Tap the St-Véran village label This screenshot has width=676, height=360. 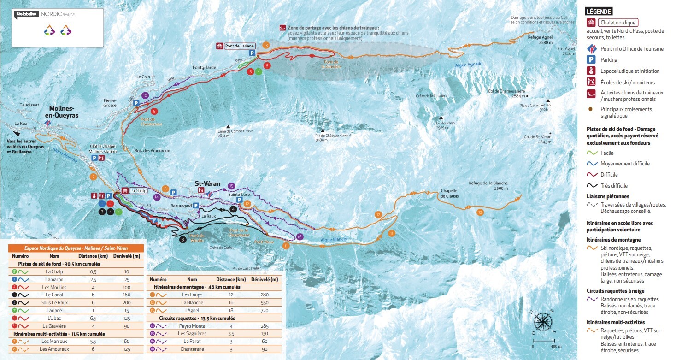coord(207,183)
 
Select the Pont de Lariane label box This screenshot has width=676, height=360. coord(239,46)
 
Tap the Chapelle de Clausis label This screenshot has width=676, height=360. coord(449,193)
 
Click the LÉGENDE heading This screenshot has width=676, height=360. coord(599,12)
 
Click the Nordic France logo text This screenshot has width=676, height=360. coord(57,14)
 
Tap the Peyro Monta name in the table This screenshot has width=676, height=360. coord(192,326)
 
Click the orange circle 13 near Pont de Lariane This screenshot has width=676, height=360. coord(266,45)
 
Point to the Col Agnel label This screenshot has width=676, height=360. coord(567,51)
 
